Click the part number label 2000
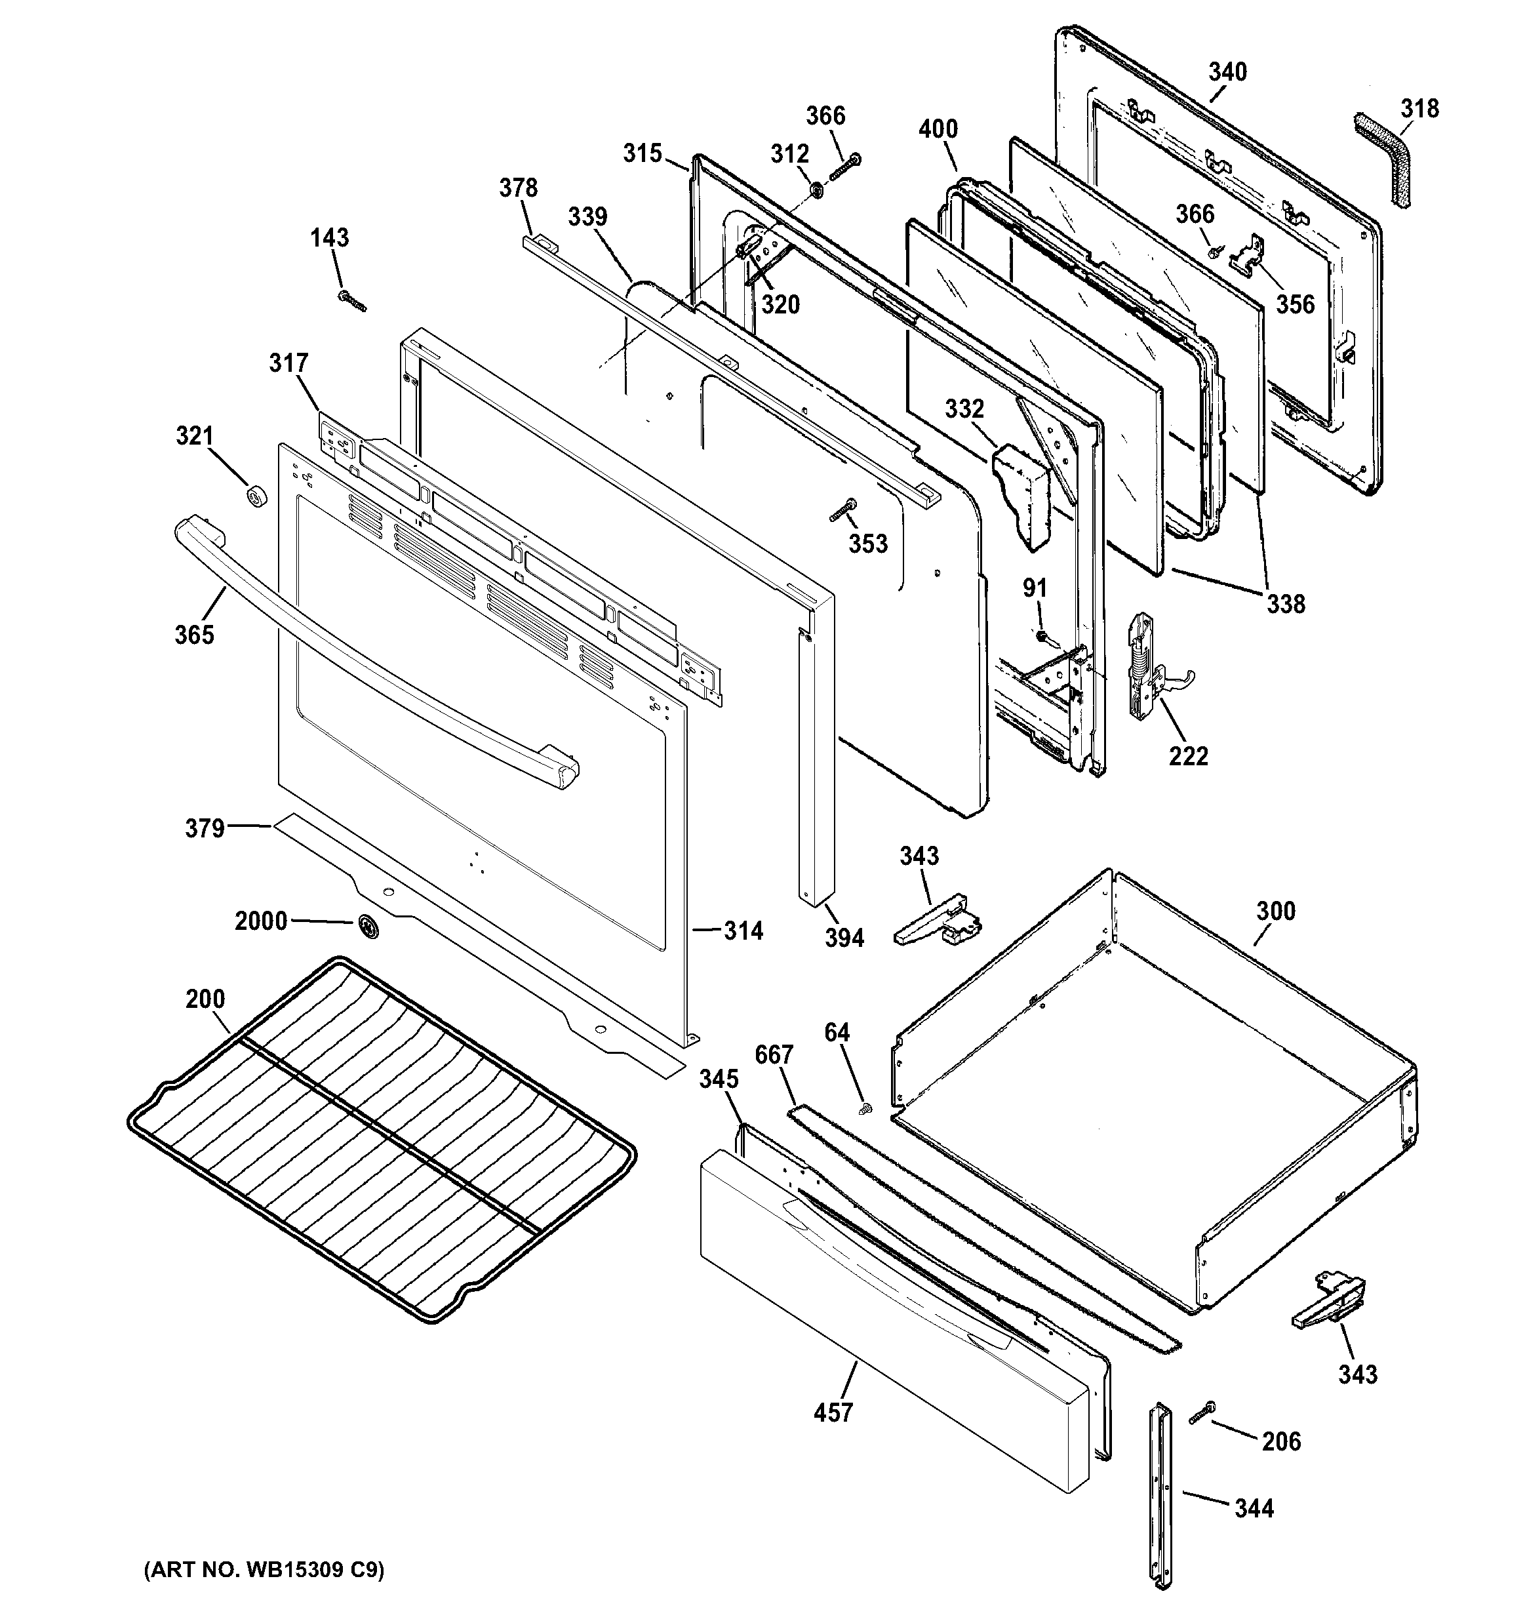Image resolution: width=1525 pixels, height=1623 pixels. tap(260, 922)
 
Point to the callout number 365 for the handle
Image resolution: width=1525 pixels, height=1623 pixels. tap(194, 634)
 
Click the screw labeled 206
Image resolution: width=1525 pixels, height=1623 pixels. tap(1202, 1413)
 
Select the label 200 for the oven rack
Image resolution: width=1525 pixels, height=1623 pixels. tap(205, 999)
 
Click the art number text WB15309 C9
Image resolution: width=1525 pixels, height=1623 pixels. tap(263, 1570)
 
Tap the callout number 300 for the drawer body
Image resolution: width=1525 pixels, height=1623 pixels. tap(1275, 911)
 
